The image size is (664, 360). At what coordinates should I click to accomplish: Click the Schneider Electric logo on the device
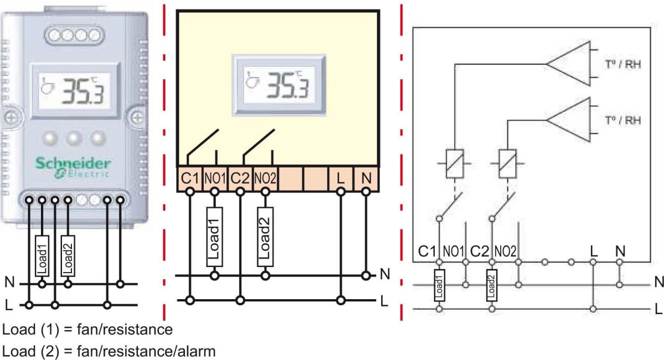coord(73,168)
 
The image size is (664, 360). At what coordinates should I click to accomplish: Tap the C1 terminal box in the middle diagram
coord(190,179)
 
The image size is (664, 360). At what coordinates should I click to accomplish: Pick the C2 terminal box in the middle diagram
coord(240,179)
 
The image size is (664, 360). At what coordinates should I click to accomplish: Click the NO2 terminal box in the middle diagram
coord(266,179)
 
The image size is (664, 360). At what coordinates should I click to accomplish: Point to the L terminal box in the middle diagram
coord(341,179)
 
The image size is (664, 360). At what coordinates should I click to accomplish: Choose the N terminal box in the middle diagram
coord(365,179)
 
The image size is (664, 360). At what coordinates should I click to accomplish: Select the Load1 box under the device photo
coord(41,255)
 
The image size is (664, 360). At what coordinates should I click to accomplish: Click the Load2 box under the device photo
coord(68,255)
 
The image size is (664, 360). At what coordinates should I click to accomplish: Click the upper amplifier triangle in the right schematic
coord(569,64)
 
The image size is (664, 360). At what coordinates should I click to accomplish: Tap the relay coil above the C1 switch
coord(454,163)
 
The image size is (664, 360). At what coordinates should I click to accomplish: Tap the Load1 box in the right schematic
coord(439,286)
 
